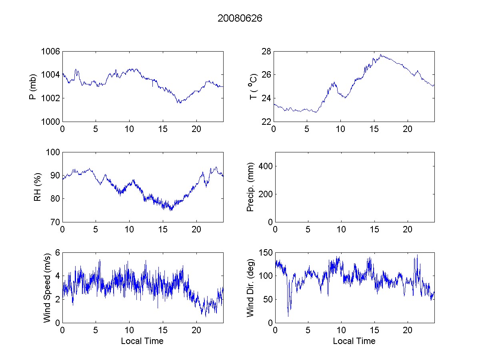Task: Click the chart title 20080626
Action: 240,18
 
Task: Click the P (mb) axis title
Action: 34,86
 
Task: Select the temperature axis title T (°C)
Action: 253,86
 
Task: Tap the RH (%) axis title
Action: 38,187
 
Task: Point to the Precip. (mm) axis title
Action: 251,187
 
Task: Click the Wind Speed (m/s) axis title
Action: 48,288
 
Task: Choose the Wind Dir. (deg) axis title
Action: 251,288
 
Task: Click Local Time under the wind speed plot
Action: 142,341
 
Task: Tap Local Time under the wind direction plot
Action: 354,341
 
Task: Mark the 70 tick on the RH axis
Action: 55,222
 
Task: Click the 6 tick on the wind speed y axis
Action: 58,253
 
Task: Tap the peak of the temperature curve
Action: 381,54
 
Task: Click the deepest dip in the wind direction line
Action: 288,316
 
